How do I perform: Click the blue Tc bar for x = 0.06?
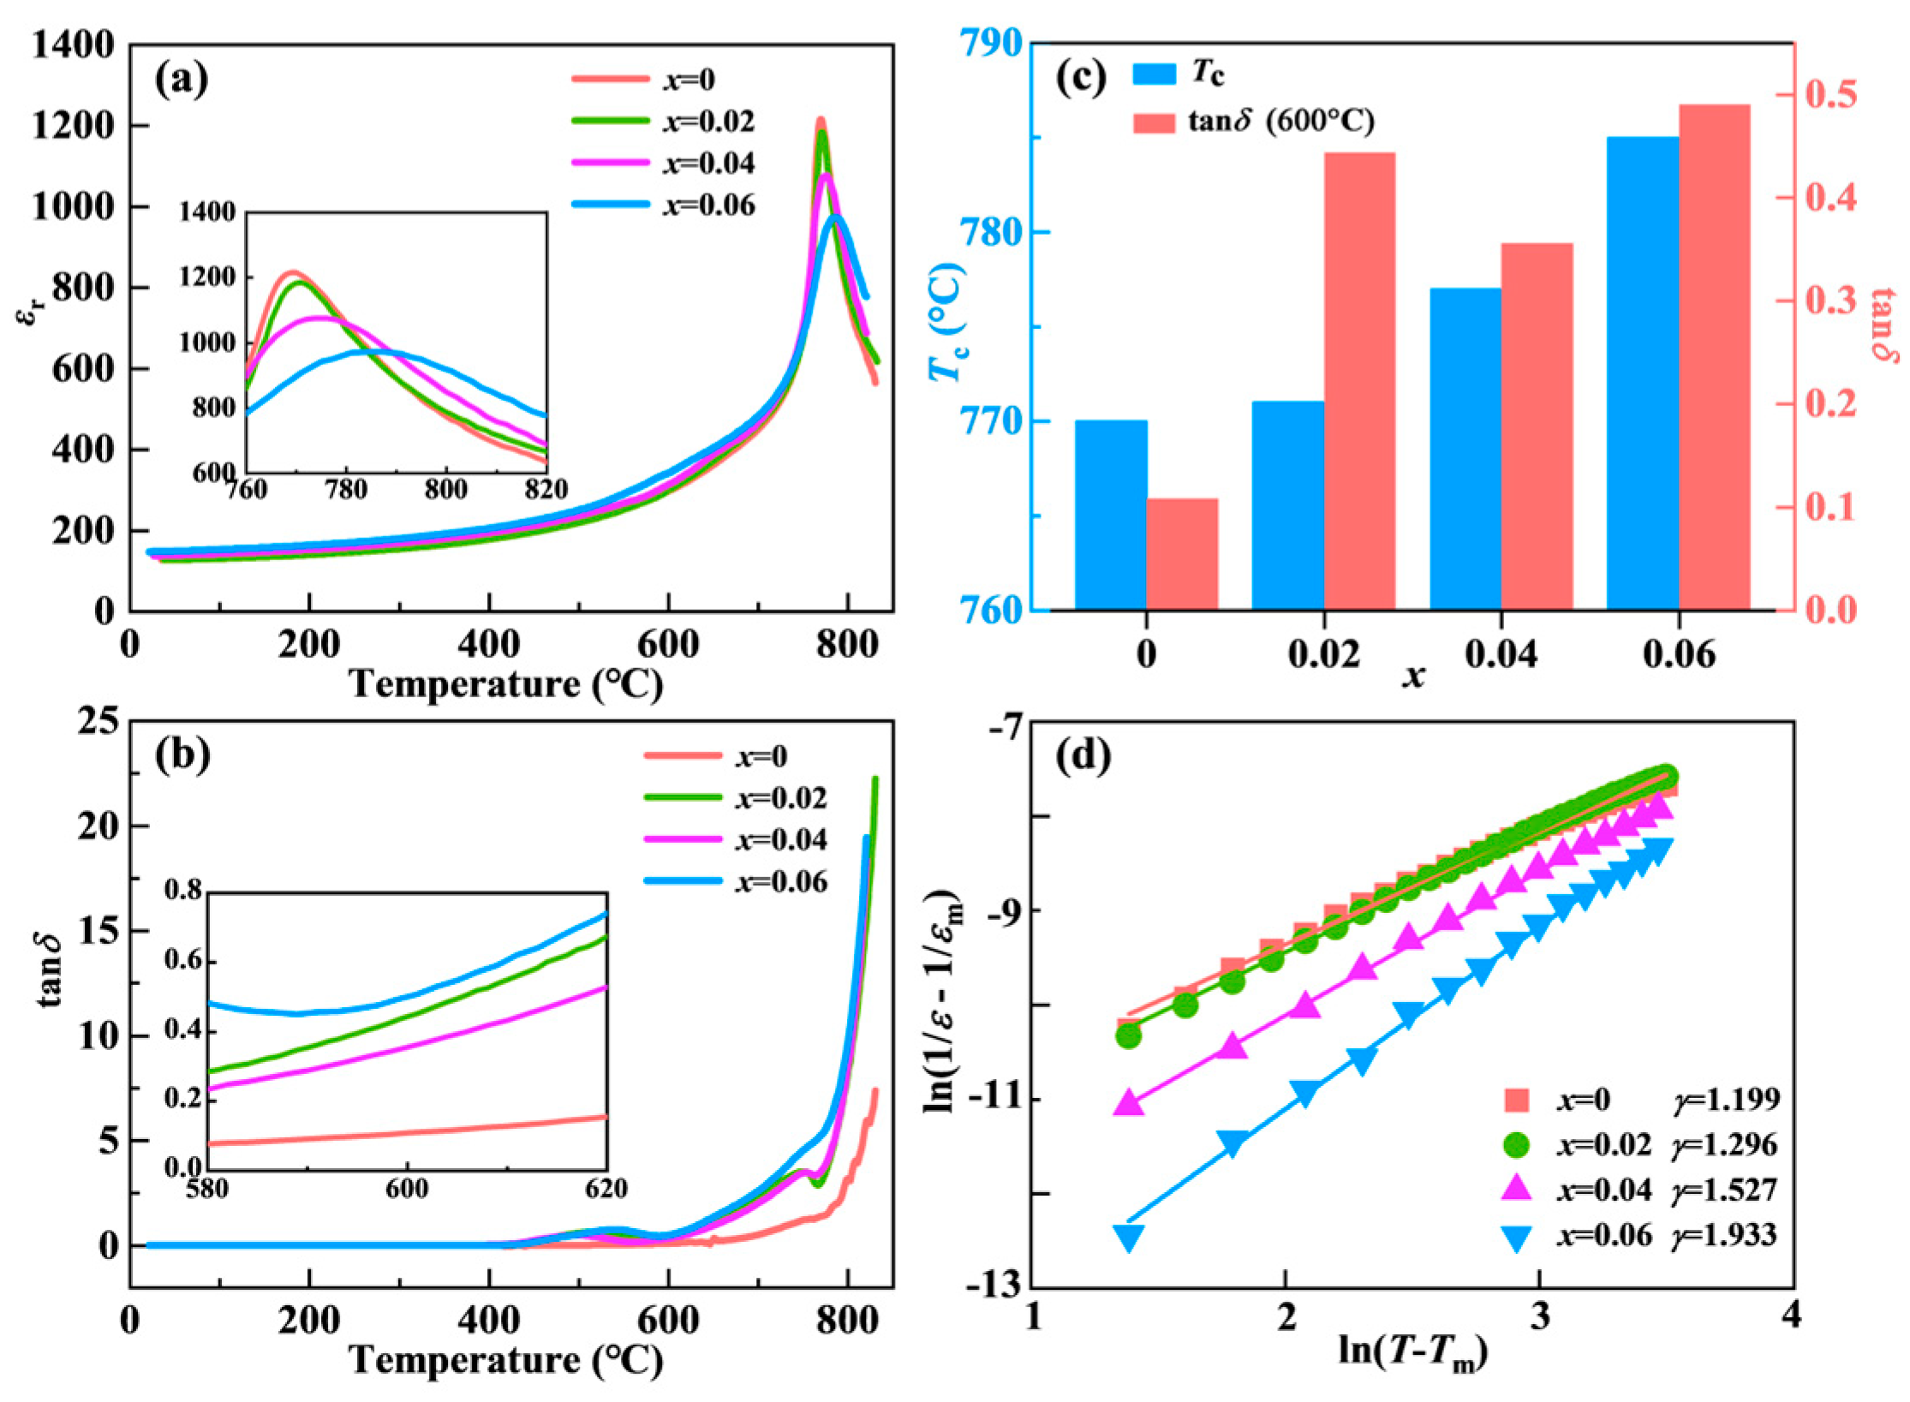1641,373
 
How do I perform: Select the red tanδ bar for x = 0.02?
1359,381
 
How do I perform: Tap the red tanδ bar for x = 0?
1182,554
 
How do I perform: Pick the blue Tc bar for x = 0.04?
1465,449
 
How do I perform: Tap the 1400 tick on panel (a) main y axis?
74,45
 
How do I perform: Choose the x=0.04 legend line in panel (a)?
610,163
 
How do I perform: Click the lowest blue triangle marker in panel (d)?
1128,1238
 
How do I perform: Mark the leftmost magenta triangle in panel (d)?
1128,1102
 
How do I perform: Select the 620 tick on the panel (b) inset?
606,1190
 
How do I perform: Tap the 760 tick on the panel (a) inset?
247,490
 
